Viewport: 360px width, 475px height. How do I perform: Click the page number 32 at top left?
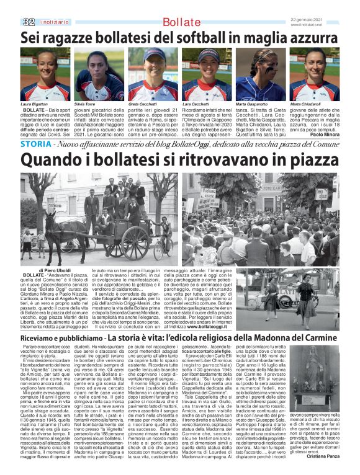pyautogui.click(x=29, y=22)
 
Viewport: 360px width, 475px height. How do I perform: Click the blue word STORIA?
pyautogui.click(x=36, y=144)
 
